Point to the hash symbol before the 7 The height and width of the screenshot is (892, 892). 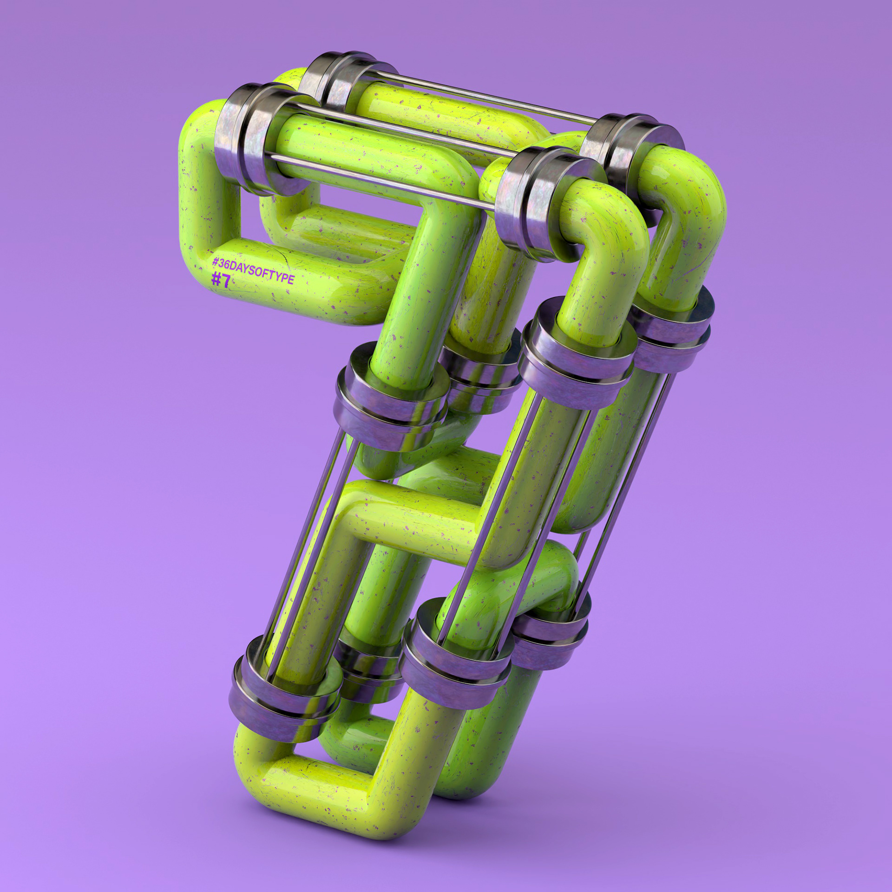coord(216,279)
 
